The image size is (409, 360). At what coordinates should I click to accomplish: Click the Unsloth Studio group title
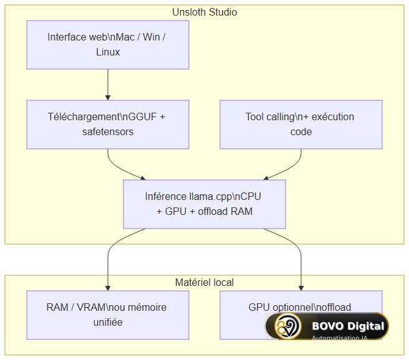coord(205,12)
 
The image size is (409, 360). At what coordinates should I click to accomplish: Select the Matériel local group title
coord(205,282)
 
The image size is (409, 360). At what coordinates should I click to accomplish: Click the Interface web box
coord(108,45)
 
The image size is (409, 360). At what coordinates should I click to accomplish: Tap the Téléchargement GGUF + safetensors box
coord(108,125)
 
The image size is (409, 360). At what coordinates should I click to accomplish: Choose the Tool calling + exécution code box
coord(301,125)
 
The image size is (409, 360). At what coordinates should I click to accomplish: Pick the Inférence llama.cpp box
coord(205,204)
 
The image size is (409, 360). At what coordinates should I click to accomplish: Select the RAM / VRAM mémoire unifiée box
coord(108,315)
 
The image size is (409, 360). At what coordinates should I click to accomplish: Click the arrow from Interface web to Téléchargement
coord(108,85)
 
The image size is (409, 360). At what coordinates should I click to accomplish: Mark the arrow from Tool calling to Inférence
coord(290,169)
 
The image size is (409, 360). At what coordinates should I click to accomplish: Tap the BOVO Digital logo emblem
coord(287,326)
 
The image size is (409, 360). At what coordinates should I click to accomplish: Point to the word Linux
coord(108,52)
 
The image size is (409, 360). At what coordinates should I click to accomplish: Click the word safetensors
coord(108,132)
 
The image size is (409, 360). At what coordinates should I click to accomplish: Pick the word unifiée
coord(108,322)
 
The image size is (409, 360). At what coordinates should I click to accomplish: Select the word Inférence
coord(166,197)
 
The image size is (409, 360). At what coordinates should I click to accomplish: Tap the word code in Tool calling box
coord(301,132)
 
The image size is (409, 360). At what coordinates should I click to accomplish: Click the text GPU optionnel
coord(285,308)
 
